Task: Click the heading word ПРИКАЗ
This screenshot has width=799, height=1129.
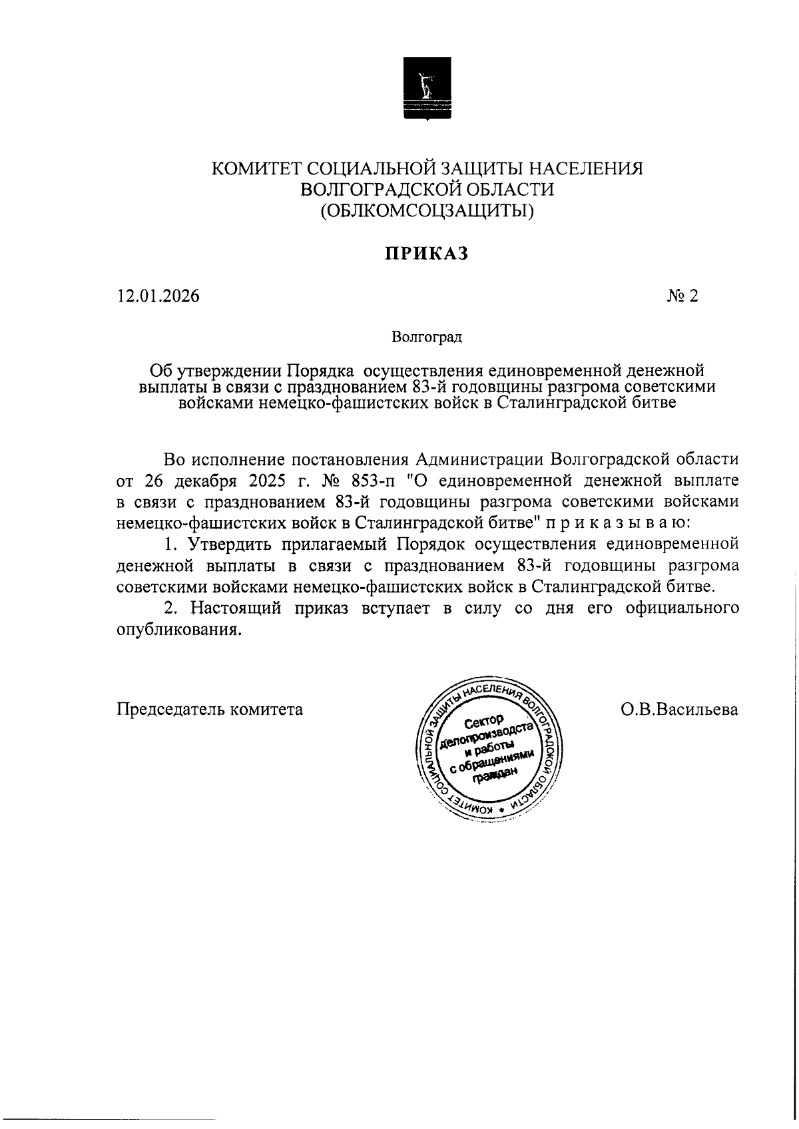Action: coord(427,254)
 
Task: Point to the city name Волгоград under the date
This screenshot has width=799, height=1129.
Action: coord(427,337)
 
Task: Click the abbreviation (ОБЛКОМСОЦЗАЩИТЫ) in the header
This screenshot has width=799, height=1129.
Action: coord(427,211)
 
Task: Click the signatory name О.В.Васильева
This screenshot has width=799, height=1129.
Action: coord(678,710)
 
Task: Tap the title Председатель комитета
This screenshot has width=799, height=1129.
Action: coord(210,710)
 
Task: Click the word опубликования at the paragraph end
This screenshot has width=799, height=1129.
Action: coord(178,630)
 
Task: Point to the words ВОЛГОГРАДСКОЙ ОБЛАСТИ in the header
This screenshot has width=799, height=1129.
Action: coord(427,190)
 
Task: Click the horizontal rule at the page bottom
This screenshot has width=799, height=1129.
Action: coord(110,1120)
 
